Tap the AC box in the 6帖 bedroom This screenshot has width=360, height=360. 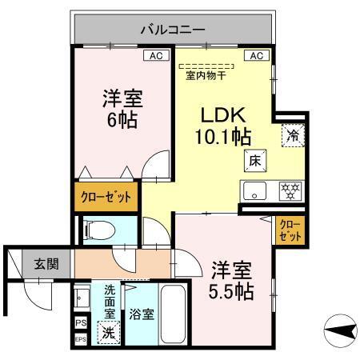pos(156,56)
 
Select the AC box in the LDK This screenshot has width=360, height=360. pos(257,56)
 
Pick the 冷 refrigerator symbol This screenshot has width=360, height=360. pos(293,135)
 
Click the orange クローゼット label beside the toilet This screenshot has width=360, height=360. pos(104,196)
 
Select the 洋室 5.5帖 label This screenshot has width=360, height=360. pos(233,278)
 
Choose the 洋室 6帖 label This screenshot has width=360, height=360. pos(121,110)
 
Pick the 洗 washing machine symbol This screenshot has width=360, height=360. pos(107,331)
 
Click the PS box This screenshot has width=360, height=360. pos(79,322)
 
